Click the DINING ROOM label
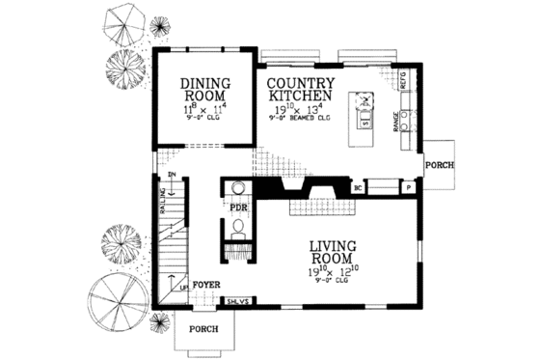click(203, 90)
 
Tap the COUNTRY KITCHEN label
click(301, 91)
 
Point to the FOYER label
click(207, 286)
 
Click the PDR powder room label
click(238, 206)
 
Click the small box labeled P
click(408, 188)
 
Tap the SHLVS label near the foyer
click(237, 302)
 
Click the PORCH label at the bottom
click(203, 329)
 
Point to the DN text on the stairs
click(171, 176)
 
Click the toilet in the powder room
click(237, 230)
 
